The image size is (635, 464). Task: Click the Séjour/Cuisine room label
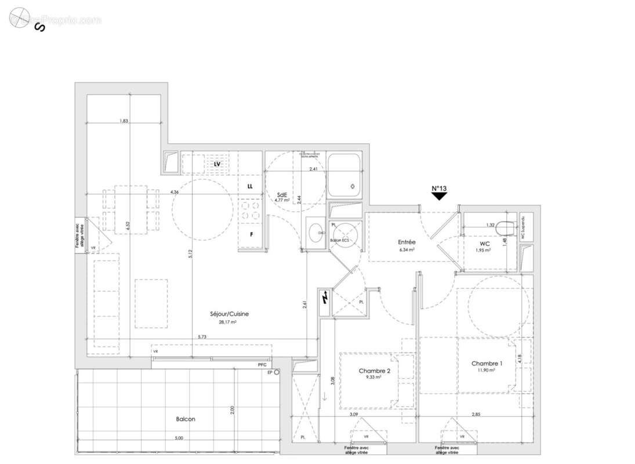(x=229, y=314)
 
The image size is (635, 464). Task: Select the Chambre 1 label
(x=487, y=364)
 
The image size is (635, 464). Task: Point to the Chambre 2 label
(x=375, y=371)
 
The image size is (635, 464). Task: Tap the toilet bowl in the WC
(x=506, y=226)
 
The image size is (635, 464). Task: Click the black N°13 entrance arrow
(x=440, y=196)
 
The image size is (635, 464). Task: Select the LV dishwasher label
(x=217, y=164)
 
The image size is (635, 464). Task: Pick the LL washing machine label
(x=250, y=187)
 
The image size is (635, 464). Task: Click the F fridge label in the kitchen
(x=251, y=235)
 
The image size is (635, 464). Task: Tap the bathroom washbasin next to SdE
(x=317, y=234)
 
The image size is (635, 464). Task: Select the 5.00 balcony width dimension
(x=179, y=438)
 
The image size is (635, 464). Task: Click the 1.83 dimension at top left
(x=123, y=121)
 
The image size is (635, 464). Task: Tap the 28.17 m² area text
(x=229, y=321)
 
